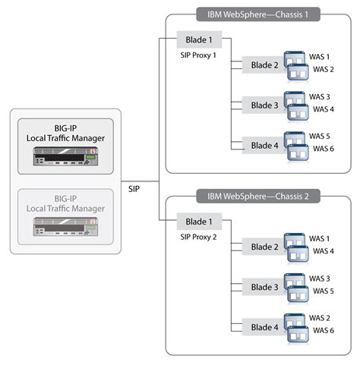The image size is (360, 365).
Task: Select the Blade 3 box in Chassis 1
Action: (x=264, y=105)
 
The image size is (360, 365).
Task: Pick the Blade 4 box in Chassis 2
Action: (x=264, y=327)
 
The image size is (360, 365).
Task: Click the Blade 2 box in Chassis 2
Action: (x=264, y=247)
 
